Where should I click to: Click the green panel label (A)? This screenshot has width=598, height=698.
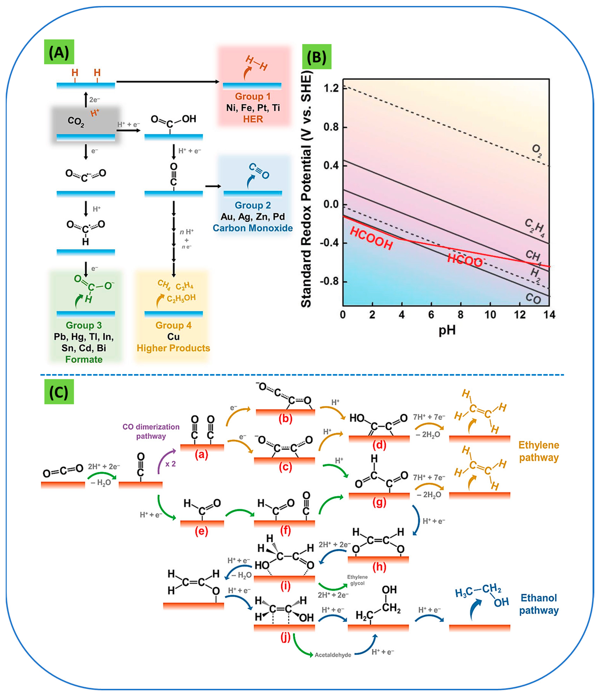tap(59, 52)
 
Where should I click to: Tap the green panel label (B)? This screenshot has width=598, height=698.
tap(316, 57)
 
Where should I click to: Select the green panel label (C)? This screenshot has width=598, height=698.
tap(59, 392)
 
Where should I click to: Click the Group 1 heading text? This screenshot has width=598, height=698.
tap(253, 96)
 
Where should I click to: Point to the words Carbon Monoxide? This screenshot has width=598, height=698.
tap(253, 228)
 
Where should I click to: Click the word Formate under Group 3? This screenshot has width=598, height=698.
tap(84, 359)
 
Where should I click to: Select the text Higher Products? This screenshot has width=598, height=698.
tap(173, 348)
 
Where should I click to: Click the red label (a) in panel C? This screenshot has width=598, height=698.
tap(201, 455)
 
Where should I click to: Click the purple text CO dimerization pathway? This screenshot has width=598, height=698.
tap(151, 431)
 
